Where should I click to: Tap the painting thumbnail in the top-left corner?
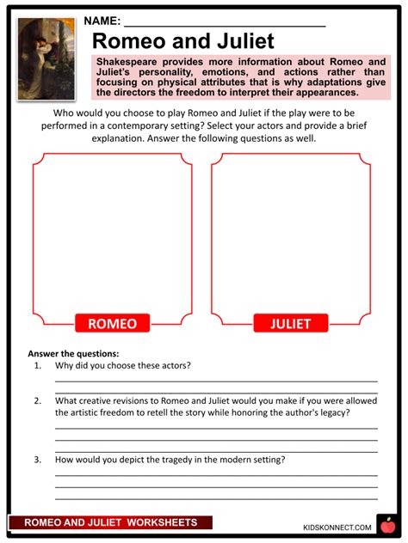click(46, 58)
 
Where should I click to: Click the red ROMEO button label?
click(112, 323)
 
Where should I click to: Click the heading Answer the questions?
click(73, 353)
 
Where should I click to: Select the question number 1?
click(38, 365)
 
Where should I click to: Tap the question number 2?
click(38, 400)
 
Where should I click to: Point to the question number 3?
click(38, 459)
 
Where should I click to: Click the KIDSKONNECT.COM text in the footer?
click(337, 527)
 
